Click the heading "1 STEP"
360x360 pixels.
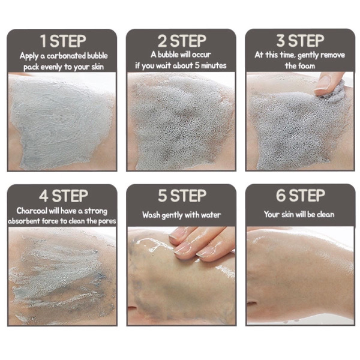[x=62, y=42]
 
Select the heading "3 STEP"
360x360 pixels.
[x=300, y=41]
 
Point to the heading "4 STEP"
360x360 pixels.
[x=62, y=196]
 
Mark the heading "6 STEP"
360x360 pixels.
[x=300, y=196]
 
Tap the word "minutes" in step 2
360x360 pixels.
[x=211, y=66]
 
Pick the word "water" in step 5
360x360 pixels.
[x=209, y=215]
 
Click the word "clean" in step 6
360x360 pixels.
[x=323, y=214]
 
